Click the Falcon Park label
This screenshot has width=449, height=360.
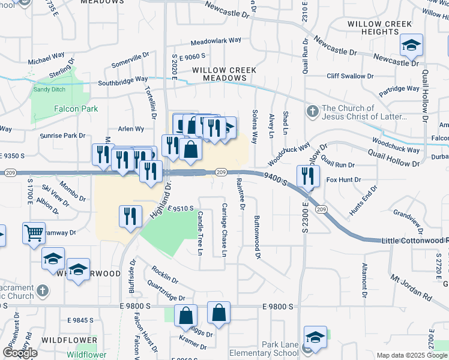click(76, 109)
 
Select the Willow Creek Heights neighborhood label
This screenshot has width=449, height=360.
click(379, 28)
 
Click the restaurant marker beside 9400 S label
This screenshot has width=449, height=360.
click(308, 177)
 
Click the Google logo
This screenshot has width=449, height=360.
click(20, 353)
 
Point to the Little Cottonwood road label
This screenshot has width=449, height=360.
click(415, 240)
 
